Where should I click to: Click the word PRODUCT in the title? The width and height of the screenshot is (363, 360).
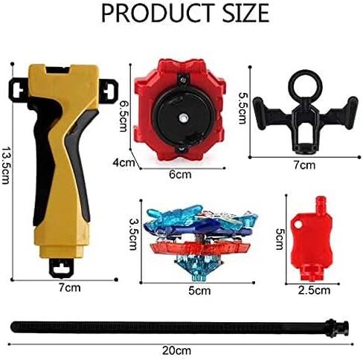point(158,13)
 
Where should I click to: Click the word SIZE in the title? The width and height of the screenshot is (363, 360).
point(245,13)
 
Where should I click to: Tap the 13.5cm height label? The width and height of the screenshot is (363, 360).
point(6,166)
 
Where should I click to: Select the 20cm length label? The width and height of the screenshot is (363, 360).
point(176,351)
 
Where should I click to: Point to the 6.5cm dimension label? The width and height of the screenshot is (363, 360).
point(123,115)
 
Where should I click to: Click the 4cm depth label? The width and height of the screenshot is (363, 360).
point(123,163)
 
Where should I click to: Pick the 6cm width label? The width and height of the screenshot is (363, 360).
point(180,175)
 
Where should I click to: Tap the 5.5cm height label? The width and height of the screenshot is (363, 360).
point(242,108)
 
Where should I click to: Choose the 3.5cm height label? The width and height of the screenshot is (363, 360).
point(133,234)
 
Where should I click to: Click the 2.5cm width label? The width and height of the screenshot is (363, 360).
point(314,290)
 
